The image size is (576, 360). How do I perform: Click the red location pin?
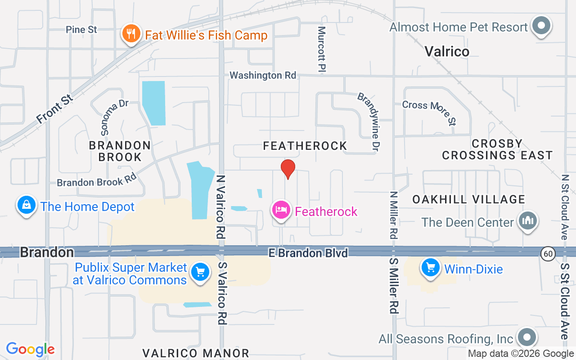point(288,169)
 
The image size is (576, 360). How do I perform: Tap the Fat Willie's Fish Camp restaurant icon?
point(131,34)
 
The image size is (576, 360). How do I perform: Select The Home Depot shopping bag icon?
point(27,206)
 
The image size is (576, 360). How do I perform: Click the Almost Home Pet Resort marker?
point(541,26)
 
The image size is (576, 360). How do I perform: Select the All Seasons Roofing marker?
point(527,337)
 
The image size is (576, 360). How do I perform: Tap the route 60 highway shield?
point(548,254)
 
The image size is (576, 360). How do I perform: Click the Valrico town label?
point(447,51)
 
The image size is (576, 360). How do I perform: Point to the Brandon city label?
point(47,252)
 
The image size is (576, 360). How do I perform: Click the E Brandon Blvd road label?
point(308,253)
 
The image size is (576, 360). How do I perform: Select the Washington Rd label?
point(263,75)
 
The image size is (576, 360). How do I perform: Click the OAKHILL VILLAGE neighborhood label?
point(469,199)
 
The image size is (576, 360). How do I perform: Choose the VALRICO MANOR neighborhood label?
point(196,353)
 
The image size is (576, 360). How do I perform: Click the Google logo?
point(31,349)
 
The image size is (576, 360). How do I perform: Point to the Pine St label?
point(81,30)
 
